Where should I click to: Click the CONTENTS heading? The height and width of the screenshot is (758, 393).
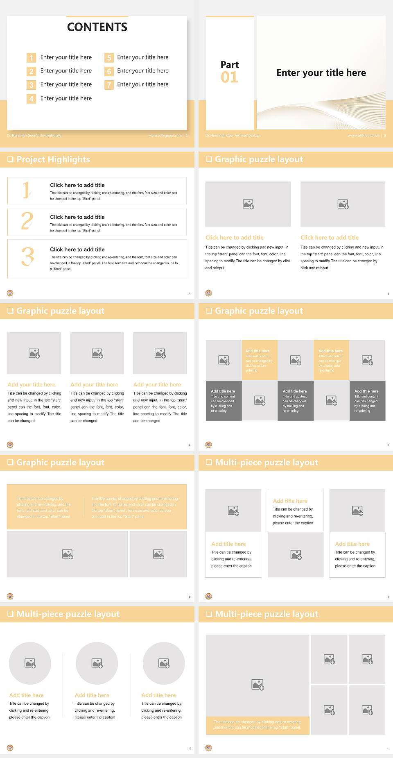pyautogui.click(x=97, y=27)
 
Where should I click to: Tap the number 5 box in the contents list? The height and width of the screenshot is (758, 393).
pyautogui.click(x=109, y=58)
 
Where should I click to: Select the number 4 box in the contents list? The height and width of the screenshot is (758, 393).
pyautogui.click(x=31, y=99)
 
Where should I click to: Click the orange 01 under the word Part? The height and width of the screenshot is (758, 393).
pyautogui.click(x=229, y=77)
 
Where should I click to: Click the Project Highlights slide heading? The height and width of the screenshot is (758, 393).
pyautogui.click(x=53, y=159)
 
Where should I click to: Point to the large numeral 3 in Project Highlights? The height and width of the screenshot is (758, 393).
pyautogui.click(x=27, y=257)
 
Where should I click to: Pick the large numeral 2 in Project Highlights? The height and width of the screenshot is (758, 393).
pyautogui.click(x=27, y=221)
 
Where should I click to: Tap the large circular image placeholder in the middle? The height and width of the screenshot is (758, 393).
pyautogui.click(x=97, y=663)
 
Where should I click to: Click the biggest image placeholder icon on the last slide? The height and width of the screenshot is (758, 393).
pyautogui.click(x=257, y=684)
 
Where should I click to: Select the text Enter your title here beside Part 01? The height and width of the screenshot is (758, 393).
pyautogui.click(x=321, y=73)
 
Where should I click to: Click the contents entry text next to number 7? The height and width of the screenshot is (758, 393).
pyautogui.click(x=142, y=84)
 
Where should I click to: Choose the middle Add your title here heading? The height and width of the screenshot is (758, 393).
pyautogui.click(x=94, y=384)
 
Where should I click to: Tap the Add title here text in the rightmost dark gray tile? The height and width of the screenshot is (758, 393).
pyautogui.click(x=366, y=391)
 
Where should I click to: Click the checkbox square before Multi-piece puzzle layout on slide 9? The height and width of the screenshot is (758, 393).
pyautogui.click(x=209, y=462)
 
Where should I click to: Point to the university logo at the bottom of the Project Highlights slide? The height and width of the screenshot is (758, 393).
pyautogui.click(x=10, y=293)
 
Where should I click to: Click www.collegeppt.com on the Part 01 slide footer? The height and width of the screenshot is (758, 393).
pyautogui.click(x=364, y=136)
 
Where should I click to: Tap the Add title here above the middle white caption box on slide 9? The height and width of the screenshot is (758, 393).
pyautogui.click(x=290, y=501)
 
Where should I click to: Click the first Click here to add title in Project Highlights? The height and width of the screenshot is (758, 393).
pyautogui.click(x=77, y=185)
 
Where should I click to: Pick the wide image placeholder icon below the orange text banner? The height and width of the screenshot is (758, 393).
pyautogui.click(x=68, y=554)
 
